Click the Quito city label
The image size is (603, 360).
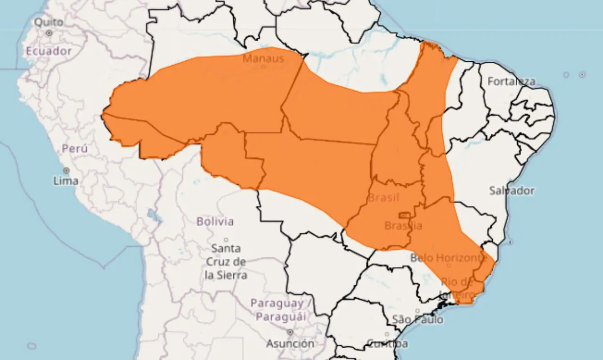click(49, 22)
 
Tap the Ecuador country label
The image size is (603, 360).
click(49, 51)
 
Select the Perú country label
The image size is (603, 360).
click(74, 148)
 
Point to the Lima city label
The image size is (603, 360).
click(66, 180)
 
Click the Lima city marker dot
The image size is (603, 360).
click(66, 170)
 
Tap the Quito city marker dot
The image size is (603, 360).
click(49, 33)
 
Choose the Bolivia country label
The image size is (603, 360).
click(215, 221)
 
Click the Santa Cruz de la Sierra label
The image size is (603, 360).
click(226, 262)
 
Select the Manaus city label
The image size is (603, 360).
click(263, 58)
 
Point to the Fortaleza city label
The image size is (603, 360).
click(512, 82)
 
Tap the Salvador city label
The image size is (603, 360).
click(512, 191)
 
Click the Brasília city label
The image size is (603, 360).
click(403, 226)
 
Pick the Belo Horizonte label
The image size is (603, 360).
click(448, 258)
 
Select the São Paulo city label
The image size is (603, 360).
click(418, 319)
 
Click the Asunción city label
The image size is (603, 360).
click(290, 344)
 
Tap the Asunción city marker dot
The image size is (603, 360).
click(290, 333)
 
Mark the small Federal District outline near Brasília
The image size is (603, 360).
click(404, 215)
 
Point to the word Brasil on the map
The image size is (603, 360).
click(383, 197)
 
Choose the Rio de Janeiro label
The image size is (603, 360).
click(457, 289)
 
